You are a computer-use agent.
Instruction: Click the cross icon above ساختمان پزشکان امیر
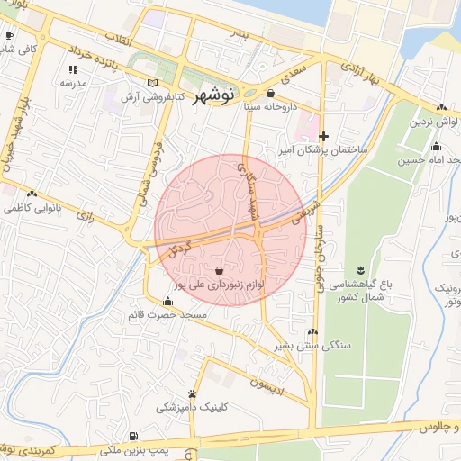[323, 135]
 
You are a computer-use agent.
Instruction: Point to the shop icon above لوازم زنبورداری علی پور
[221, 269]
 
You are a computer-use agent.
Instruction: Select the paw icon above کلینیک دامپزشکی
[192, 393]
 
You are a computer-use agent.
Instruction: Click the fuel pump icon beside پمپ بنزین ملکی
[134, 435]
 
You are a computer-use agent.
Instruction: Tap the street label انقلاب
[119, 39]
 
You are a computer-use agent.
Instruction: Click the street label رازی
[86, 216]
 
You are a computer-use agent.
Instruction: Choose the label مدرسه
[72, 83]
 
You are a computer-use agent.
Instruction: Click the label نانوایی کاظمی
[31, 208]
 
